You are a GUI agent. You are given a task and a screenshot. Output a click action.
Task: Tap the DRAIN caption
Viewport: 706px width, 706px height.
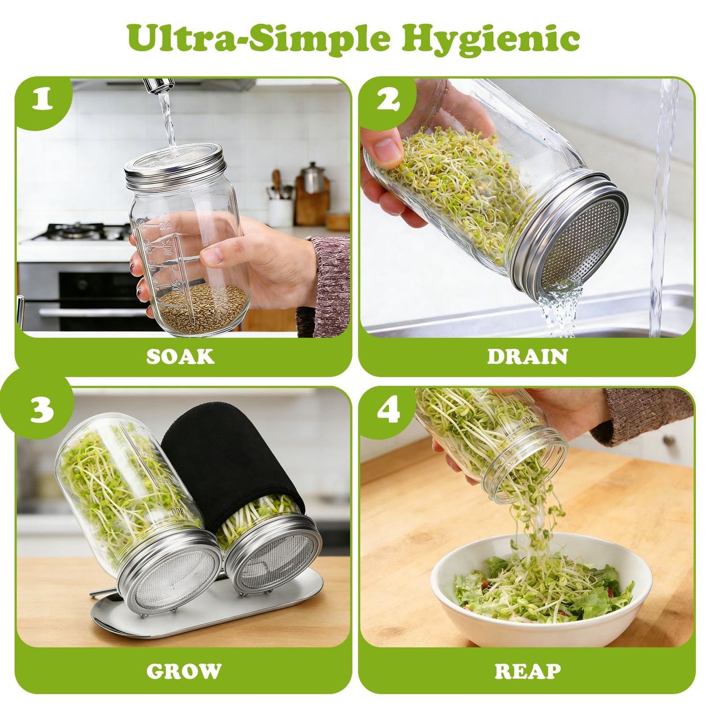(527, 357)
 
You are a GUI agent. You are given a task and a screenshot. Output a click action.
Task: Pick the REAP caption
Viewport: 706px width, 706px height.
(527, 671)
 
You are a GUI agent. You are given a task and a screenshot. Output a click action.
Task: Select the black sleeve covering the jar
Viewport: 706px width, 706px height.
(229, 459)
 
